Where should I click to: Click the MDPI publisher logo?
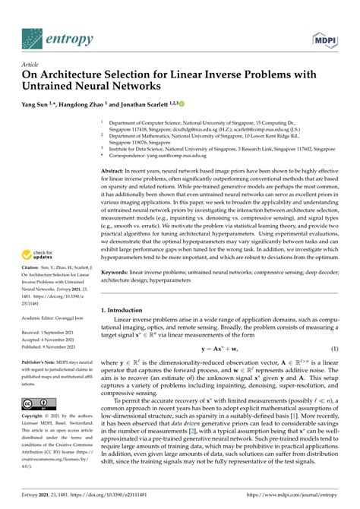[325, 36]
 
